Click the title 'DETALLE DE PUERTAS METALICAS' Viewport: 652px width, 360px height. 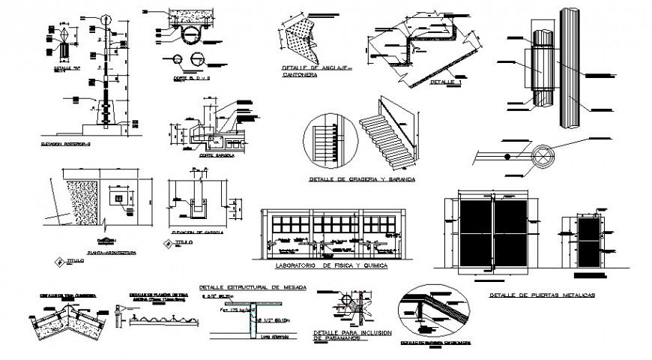541,295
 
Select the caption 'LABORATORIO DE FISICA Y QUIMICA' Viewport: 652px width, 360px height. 321,266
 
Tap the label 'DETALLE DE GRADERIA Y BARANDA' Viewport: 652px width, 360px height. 361,181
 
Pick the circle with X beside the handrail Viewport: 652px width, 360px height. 541,158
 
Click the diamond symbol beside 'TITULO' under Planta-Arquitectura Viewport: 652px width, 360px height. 58,260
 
